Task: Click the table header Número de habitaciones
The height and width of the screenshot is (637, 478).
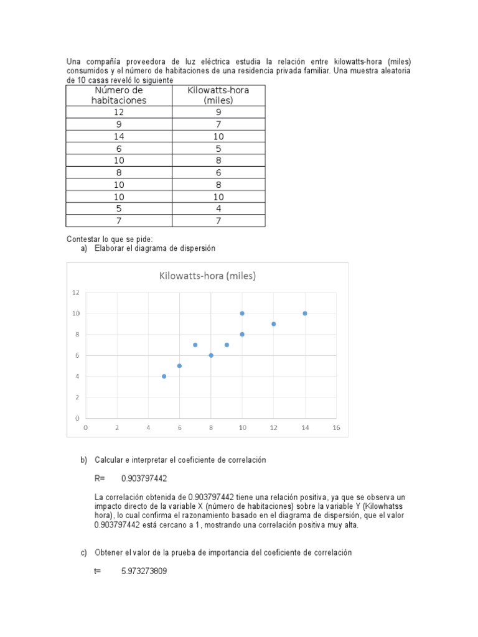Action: pos(119,95)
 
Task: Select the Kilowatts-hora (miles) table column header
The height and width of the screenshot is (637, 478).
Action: pos(218,95)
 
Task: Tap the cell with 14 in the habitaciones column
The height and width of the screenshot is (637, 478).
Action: pos(119,136)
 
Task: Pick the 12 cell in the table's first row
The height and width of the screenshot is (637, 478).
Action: pos(119,112)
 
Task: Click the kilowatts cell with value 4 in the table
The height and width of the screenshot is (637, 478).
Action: pos(218,208)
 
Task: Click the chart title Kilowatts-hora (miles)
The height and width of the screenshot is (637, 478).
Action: pos(208,276)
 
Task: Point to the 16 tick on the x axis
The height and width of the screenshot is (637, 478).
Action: pos(336,427)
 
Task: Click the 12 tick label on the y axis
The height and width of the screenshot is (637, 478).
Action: pos(76,292)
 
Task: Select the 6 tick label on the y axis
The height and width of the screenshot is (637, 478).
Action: pos(77,355)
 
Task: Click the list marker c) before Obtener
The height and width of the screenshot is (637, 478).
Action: pos(84,552)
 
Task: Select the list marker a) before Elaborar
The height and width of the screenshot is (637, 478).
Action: pos(84,248)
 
